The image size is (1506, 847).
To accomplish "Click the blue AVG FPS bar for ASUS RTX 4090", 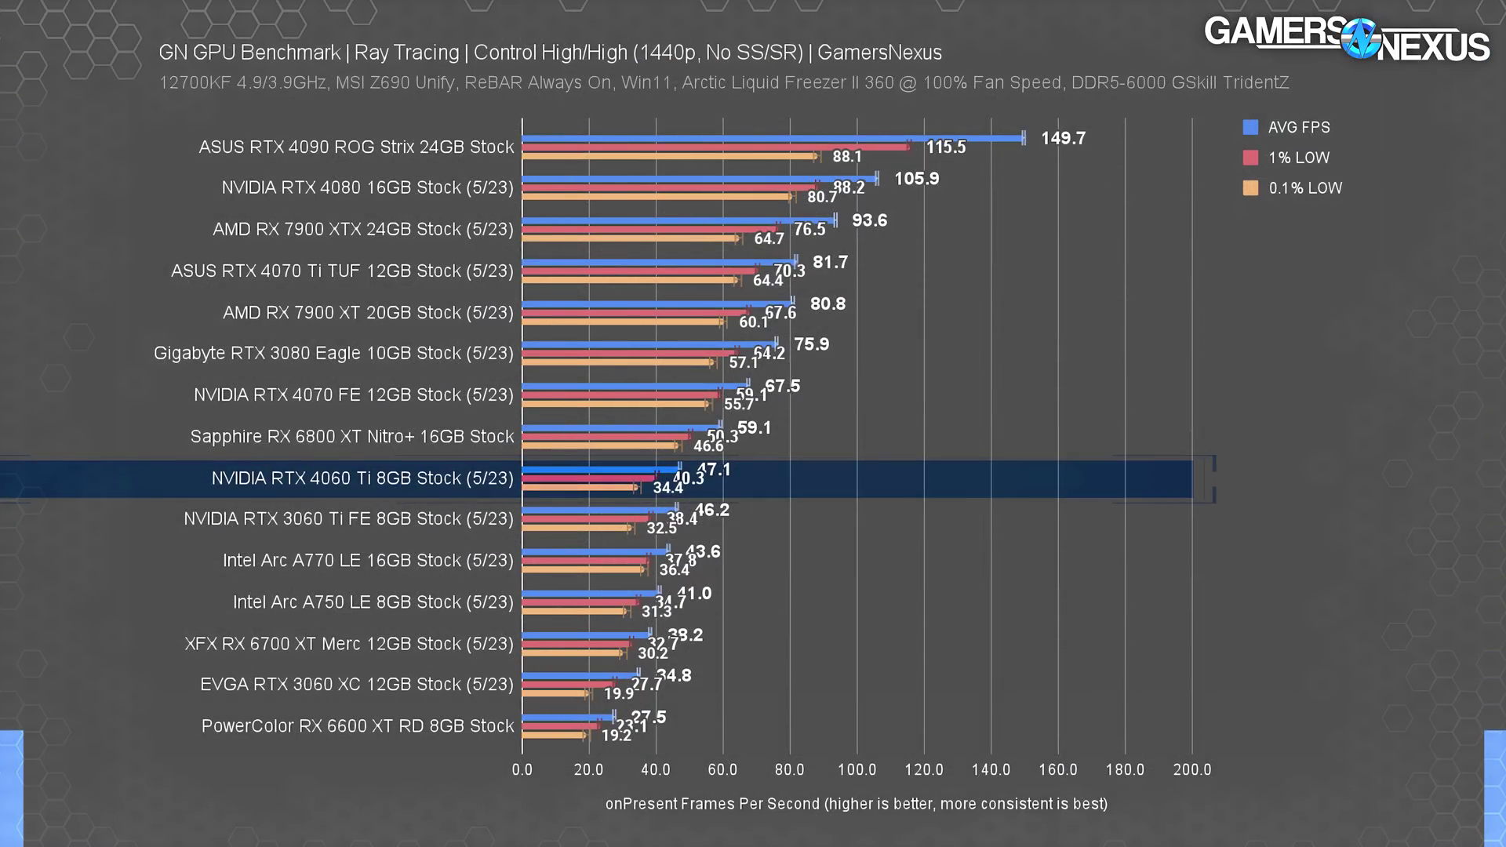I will tap(773, 139).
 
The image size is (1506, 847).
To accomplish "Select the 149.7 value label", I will tap(1063, 139).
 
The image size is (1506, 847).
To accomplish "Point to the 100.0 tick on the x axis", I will tap(857, 770).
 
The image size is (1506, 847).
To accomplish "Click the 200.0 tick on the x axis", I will tap(1191, 770).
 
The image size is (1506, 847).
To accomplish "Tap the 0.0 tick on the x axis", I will tap(522, 770).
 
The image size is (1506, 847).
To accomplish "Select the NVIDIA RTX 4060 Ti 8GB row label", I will tap(362, 478).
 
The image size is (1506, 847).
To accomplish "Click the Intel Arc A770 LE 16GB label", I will tap(368, 561).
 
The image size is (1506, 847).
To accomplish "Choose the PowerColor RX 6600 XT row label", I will tap(358, 726).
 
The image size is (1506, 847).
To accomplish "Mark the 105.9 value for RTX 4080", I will tap(916, 179).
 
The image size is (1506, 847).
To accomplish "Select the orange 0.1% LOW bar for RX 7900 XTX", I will tap(630, 238).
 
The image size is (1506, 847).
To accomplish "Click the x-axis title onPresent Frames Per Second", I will tap(856, 804).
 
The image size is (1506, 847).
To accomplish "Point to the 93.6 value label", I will tap(869, 220).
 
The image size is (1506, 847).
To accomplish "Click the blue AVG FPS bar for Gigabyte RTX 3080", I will tap(649, 344).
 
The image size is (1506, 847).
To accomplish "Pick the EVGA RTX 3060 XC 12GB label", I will tap(357, 685).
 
